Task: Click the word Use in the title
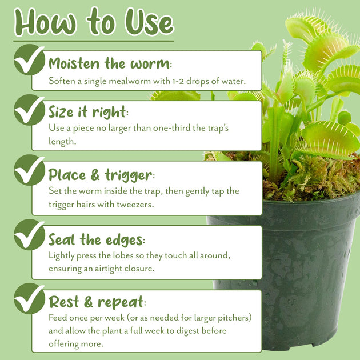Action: (x=150, y=22)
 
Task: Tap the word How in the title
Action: (x=45, y=22)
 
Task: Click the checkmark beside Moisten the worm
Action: (x=29, y=59)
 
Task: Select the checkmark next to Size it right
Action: (x=29, y=110)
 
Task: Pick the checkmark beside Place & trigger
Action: (x=29, y=170)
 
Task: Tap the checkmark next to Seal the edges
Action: (x=29, y=234)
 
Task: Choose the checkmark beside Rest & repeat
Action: (x=29, y=298)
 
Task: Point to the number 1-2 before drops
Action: (x=178, y=81)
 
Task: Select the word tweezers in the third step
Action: (x=135, y=205)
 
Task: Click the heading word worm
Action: (x=150, y=64)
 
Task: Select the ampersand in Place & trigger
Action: (x=95, y=175)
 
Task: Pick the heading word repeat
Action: (x=121, y=303)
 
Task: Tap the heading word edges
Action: (x=124, y=240)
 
